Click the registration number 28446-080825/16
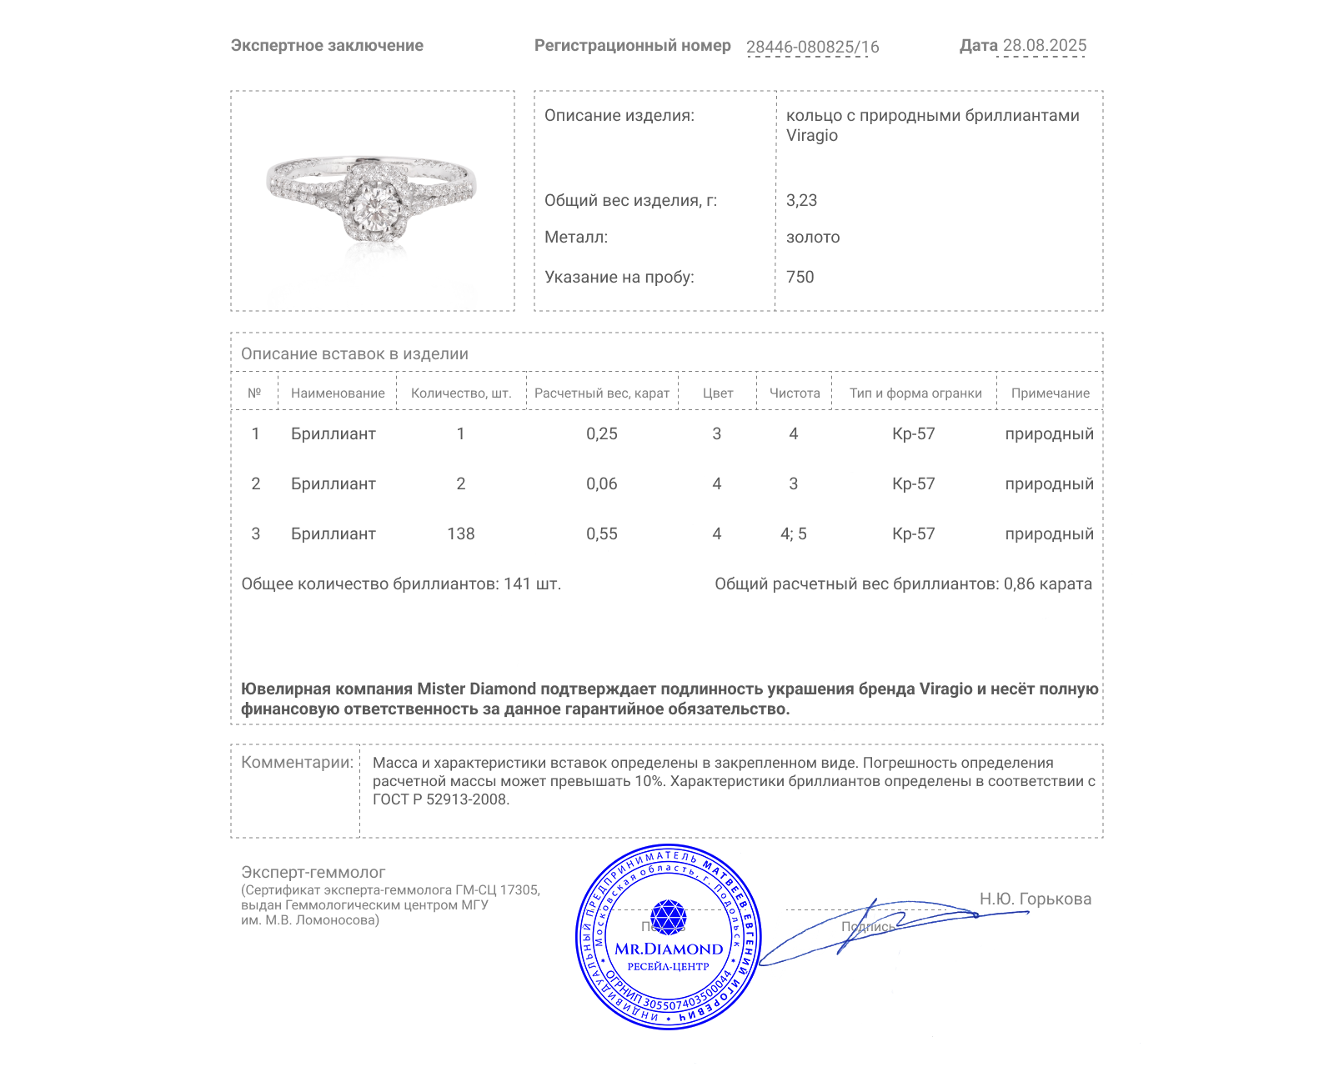[812, 47]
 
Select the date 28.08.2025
[1044, 45]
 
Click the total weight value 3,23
[801, 200]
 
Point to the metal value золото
[813, 238]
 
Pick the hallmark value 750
[800, 277]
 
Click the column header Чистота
[795, 393]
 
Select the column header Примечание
[1050, 393]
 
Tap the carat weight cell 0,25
[601, 433]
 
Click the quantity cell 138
[460, 533]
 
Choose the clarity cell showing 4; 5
[793, 533]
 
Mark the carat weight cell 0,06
[601, 483]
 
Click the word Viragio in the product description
[811, 136]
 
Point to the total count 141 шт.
[532, 584]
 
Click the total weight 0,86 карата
[1047, 584]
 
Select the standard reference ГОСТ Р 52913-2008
[440, 799]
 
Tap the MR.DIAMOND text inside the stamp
[669, 949]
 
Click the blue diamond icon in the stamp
[668, 916]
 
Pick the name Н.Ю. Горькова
[1035, 899]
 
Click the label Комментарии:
[297, 762]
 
